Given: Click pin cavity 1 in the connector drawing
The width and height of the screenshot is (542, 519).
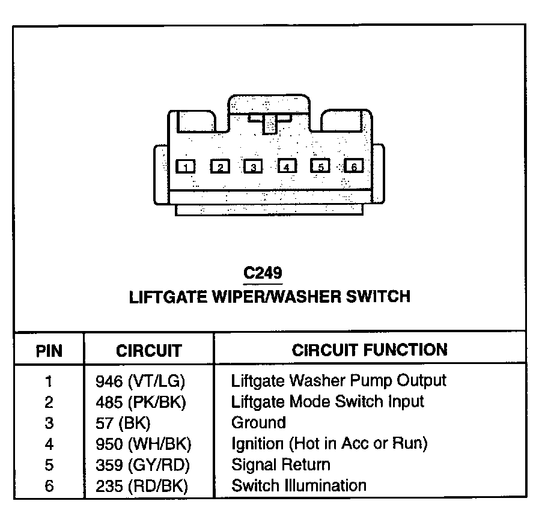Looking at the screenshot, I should (x=186, y=166).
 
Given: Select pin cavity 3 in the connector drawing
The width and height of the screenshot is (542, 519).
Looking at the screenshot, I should (x=254, y=166).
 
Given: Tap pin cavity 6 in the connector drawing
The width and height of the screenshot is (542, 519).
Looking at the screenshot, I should (x=353, y=166).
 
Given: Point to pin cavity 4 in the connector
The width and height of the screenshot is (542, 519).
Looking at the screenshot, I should (x=287, y=166).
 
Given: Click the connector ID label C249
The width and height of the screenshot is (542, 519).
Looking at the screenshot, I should (x=263, y=273).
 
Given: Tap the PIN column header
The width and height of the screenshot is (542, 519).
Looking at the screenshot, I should (x=49, y=351).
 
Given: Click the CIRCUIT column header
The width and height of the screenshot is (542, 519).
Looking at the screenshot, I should (x=148, y=351).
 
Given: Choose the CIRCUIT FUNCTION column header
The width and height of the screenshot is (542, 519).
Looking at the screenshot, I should (x=370, y=350).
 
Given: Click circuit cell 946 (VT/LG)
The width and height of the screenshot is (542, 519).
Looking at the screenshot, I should (x=140, y=381).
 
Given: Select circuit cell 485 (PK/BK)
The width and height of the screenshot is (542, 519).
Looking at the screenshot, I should (x=141, y=401).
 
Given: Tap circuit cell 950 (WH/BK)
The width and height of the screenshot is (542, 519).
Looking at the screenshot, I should (x=143, y=444).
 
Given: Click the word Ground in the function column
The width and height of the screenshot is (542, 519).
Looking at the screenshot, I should (x=258, y=423).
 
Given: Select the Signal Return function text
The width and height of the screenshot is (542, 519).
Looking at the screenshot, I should (x=281, y=465).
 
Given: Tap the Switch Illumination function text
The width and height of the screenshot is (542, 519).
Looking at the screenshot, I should (x=299, y=485).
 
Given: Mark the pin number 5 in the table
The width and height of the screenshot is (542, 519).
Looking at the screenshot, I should (x=49, y=465).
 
